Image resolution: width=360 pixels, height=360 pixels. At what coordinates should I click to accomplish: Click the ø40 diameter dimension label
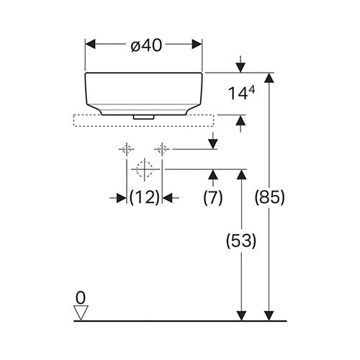tap(146, 45)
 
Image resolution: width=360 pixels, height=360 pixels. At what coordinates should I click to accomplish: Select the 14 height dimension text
tap(241, 93)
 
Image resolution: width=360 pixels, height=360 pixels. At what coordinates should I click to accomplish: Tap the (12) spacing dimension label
tap(145, 198)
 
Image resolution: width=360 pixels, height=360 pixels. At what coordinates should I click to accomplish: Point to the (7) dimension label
tap(213, 198)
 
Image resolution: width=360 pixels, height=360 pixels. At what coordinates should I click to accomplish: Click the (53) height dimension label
tap(241, 240)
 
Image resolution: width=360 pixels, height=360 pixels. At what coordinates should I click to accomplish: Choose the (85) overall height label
tap(269, 198)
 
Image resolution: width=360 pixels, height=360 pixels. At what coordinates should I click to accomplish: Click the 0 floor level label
tap(81, 298)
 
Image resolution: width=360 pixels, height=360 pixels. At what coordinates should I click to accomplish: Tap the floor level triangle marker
tap(81, 312)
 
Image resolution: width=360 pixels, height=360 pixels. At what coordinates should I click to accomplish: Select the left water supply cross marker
tap(127, 149)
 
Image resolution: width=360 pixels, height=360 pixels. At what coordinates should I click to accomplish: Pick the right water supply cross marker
tap(162, 149)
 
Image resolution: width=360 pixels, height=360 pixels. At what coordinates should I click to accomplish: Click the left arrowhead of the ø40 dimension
tap(91, 44)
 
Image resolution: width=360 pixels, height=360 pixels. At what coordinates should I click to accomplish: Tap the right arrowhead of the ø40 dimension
tap(197, 44)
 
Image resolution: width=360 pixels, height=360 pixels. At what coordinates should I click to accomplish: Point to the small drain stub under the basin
tap(143, 117)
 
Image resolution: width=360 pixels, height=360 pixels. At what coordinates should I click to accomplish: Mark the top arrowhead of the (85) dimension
tap(269, 78)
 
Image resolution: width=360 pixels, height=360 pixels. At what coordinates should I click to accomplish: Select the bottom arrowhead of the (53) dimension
tap(241, 315)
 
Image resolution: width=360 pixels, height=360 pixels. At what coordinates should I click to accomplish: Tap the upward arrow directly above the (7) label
tap(213, 178)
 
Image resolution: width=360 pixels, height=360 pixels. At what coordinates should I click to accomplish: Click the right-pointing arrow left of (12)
tap(118, 198)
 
